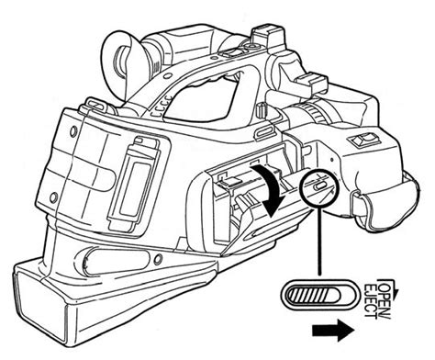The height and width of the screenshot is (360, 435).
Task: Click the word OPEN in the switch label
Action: coord(385,294)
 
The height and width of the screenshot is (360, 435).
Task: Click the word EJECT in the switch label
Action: coord(372,301)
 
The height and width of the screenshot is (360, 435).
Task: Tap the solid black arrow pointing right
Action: coord(333,331)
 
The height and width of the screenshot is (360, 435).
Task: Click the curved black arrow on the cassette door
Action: coord(271,188)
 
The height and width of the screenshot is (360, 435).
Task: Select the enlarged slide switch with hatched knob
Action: coord(319,294)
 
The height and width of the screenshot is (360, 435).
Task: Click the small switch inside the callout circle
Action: coord(320,186)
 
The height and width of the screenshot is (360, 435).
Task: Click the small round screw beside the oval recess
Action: coord(158,260)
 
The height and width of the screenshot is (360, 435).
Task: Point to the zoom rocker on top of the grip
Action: coord(364,140)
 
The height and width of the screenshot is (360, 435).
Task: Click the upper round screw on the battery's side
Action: coord(73,132)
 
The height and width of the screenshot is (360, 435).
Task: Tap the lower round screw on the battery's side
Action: coord(53,197)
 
